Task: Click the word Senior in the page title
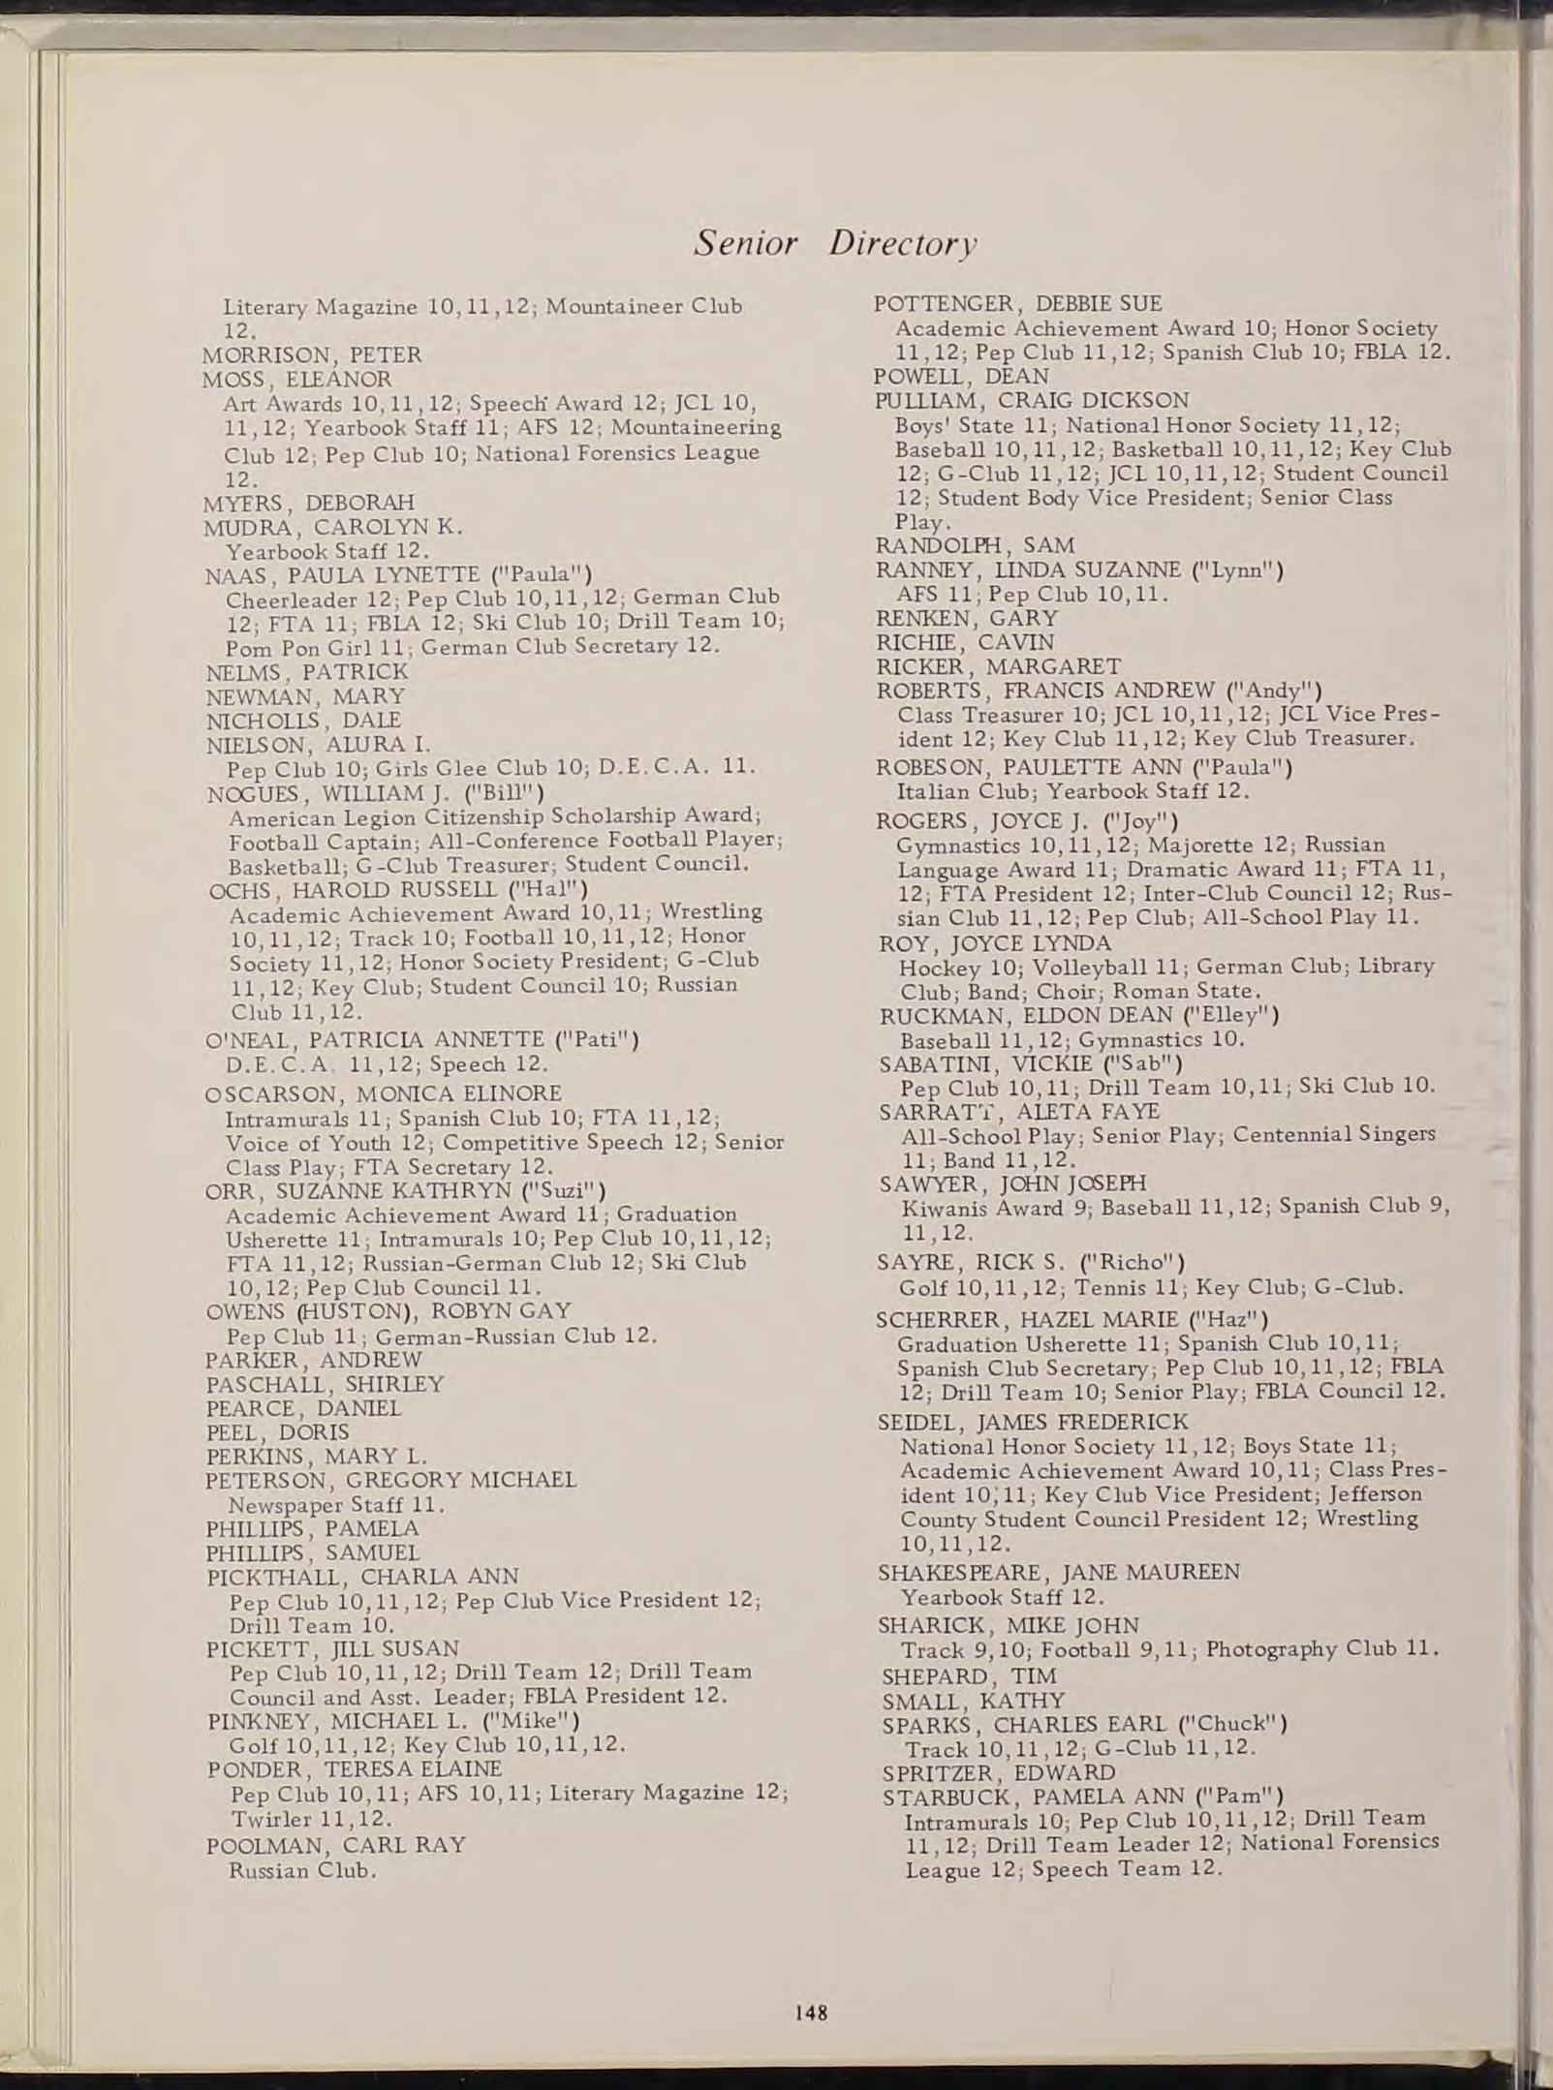744,243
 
